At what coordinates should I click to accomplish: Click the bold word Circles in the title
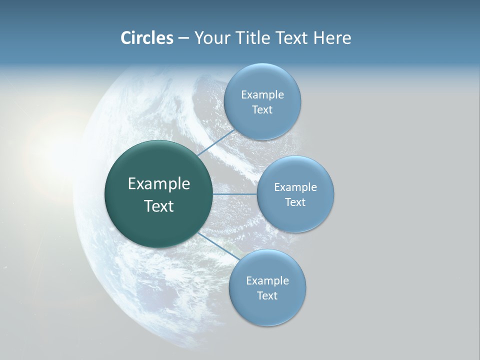(146, 38)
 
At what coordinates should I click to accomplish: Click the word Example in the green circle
(159, 184)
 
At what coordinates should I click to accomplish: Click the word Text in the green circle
(159, 206)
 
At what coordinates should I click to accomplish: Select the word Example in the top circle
(262, 95)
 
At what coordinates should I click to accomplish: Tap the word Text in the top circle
(262, 110)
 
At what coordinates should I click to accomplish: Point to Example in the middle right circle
(295, 187)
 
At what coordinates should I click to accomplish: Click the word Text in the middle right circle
(295, 202)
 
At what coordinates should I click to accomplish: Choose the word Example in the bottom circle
(267, 281)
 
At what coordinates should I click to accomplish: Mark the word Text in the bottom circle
(267, 296)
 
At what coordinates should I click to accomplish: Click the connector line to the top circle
(216, 143)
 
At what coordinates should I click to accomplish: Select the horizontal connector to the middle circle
(234, 194)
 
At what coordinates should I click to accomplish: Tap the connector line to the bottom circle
(218, 247)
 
